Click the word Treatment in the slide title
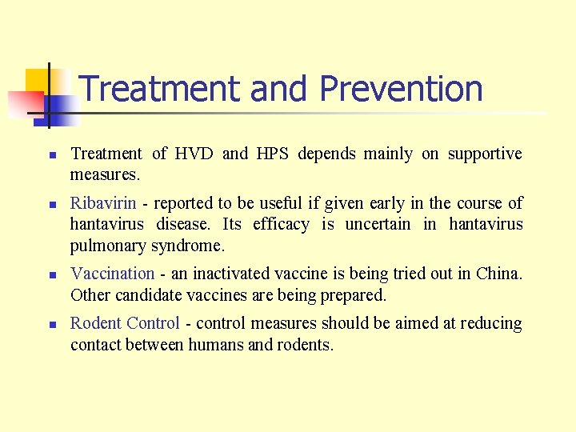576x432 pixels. (x=161, y=89)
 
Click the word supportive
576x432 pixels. (x=485, y=154)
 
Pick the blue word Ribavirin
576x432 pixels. (x=103, y=204)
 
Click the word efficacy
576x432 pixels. (x=279, y=224)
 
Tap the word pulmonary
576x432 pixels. (x=107, y=245)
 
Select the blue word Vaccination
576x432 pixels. (x=112, y=274)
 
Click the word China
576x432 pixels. (x=498, y=274)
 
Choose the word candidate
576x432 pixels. (x=149, y=295)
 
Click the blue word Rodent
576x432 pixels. (x=94, y=324)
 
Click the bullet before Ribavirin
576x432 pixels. (x=50, y=205)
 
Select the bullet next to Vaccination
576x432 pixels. (x=50, y=275)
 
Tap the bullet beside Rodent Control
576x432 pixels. (x=50, y=325)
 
